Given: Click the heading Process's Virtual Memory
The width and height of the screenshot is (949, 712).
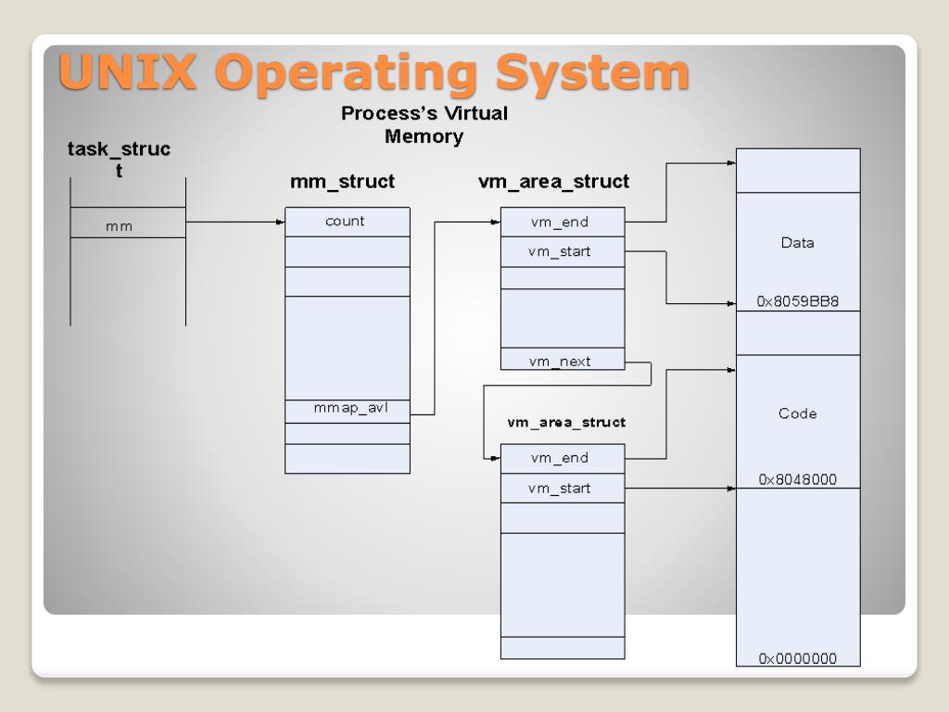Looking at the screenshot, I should [x=424, y=125].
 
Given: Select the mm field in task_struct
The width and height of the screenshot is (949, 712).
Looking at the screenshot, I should [x=119, y=225].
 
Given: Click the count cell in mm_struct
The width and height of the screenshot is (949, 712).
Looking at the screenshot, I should [x=346, y=222].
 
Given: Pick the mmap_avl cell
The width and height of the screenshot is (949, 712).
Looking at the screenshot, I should [x=346, y=408].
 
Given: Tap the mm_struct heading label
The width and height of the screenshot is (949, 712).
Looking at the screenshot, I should [x=342, y=182].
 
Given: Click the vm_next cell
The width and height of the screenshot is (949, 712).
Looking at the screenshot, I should [x=560, y=362].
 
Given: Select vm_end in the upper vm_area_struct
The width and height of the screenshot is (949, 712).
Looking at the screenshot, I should [x=560, y=222].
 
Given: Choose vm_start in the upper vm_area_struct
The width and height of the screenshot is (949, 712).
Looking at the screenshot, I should [x=560, y=251].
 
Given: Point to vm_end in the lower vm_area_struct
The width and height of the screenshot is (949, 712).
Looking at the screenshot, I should [x=560, y=458].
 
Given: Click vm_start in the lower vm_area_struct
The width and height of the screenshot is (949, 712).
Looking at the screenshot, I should [x=560, y=488].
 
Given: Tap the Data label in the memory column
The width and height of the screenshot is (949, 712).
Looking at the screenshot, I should [x=797, y=243].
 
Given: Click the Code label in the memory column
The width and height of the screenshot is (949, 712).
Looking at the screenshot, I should [x=797, y=413].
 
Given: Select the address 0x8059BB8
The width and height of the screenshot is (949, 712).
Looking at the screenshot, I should [x=798, y=301].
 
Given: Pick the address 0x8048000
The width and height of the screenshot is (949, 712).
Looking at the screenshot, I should [x=798, y=479].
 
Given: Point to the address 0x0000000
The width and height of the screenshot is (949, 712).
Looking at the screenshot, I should [x=798, y=658].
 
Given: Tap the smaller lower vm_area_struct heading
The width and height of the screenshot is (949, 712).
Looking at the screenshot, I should [x=565, y=423].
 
